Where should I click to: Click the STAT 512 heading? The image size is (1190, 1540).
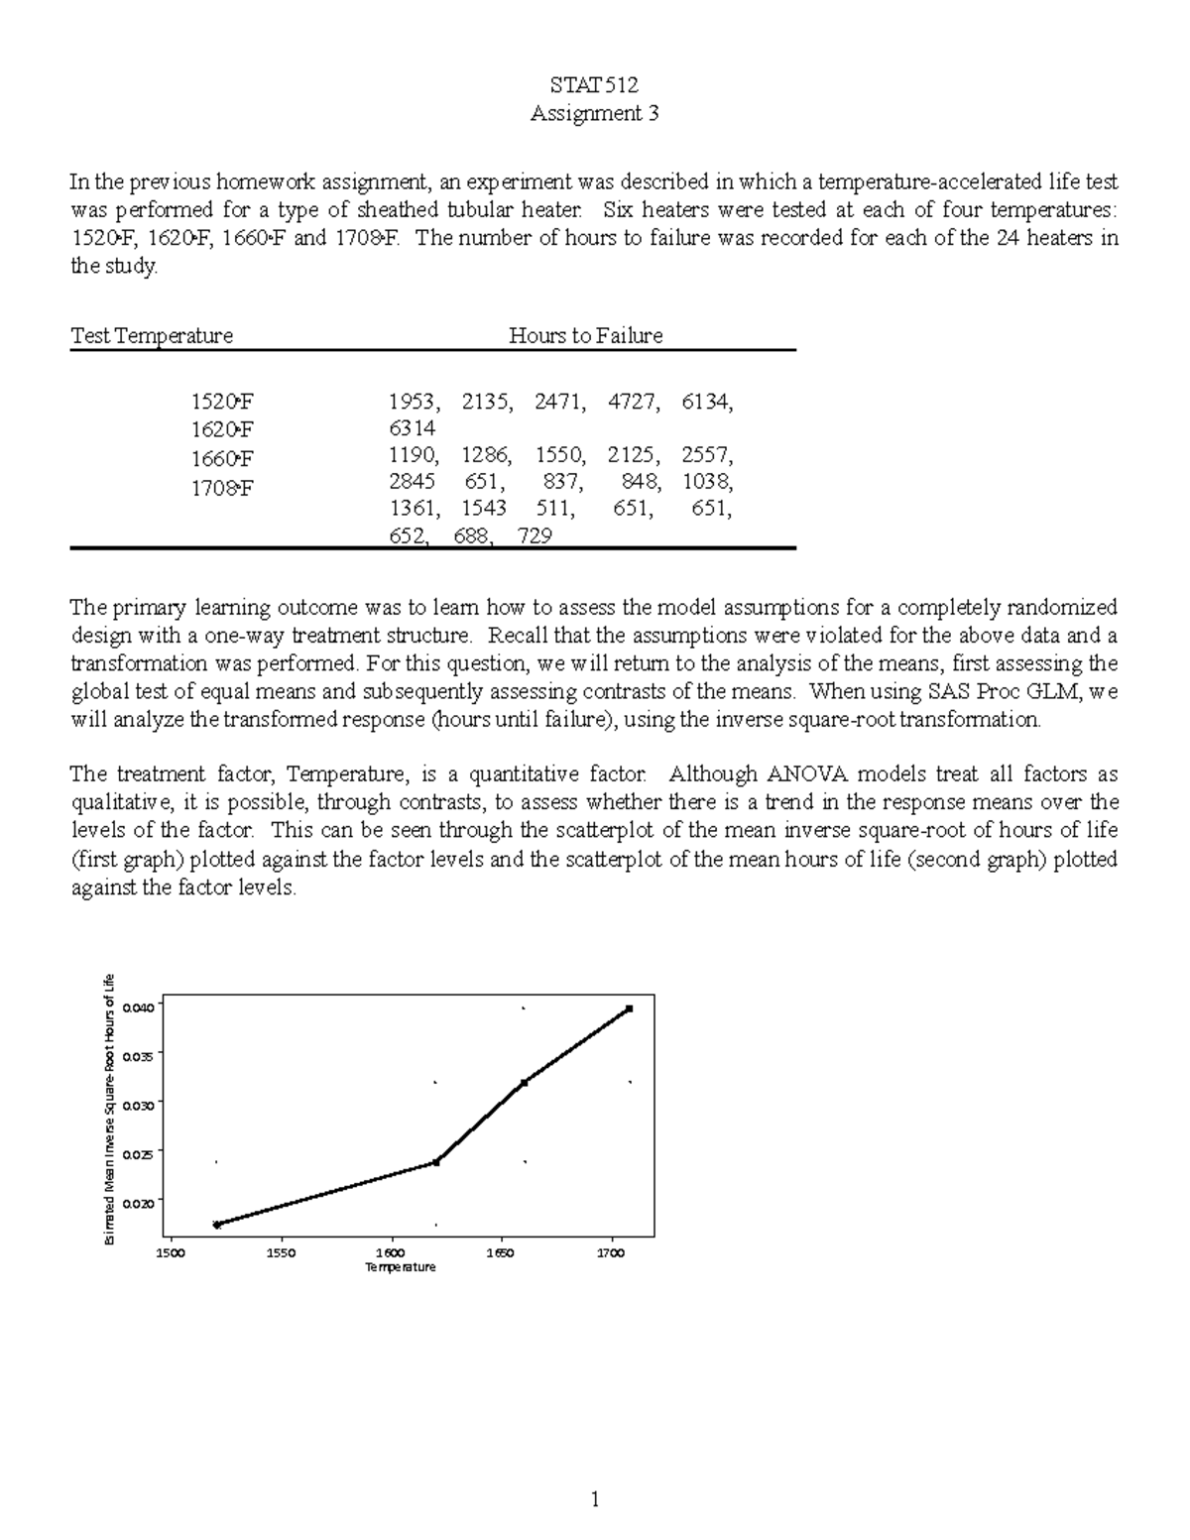coord(594,85)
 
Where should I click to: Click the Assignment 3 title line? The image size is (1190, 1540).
coord(594,113)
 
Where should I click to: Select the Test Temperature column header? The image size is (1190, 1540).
coord(152,335)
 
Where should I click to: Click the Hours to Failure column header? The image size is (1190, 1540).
coord(585,335)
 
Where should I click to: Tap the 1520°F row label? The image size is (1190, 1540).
coord(222,402)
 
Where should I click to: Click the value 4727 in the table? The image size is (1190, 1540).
coord(633,402)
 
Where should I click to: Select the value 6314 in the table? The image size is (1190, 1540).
coord(411,428)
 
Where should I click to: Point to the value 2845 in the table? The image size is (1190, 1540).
coord(411,482)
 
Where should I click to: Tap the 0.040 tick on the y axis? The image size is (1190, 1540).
coord(141,1007)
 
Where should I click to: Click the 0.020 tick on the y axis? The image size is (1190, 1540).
coord(141,1203)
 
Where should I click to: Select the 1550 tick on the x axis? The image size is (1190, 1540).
coord(281,1253)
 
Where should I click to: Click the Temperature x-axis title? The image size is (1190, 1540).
coord(401,1267)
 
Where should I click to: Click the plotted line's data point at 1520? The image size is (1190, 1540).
coord(217,1225)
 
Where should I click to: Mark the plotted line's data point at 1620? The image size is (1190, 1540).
coord(436,1162)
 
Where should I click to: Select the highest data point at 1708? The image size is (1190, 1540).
coord(630,1008)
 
